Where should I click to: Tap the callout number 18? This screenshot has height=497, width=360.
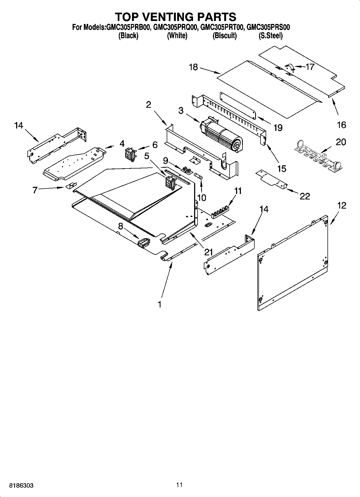(x=193, y=67)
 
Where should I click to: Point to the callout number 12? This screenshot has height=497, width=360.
(x=341, y=206)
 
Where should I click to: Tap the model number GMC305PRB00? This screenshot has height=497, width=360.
(x=128, y=27)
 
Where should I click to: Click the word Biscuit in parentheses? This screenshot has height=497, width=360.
(x=224, y=36)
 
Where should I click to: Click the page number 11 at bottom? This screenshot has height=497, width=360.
(x=180, y=485)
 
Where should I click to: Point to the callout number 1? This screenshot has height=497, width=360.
(x=159, y=304)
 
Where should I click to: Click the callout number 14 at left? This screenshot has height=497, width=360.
(x=19, y=125)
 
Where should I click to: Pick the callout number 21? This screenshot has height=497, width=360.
(x=208, y=252)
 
